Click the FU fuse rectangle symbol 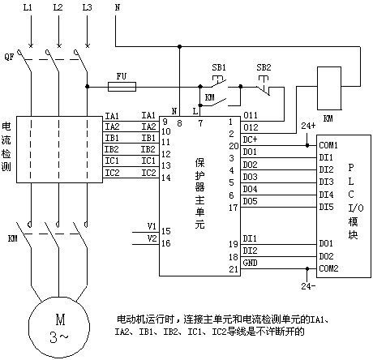coord(122,87)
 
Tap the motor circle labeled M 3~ coord(59,327)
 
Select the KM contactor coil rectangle coord(329,88)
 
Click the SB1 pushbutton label coord(219,67)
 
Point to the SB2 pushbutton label coord(264,67)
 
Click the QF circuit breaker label coord(9,57)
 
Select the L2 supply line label coord(58,7)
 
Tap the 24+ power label coord(308,126)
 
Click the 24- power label coord(308,286)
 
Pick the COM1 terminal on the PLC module coord(328,145)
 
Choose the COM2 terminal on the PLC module coord(328,268)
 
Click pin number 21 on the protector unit coord(234,269)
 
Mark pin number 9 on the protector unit coord(165,122)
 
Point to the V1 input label coord(152,226)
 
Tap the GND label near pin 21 coord(250,263)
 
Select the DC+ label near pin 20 coord(250,139)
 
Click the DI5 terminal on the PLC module coord(326,207)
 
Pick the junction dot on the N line coord(179,46)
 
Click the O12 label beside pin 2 coord(251,127)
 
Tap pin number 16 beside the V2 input coord(166,243)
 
